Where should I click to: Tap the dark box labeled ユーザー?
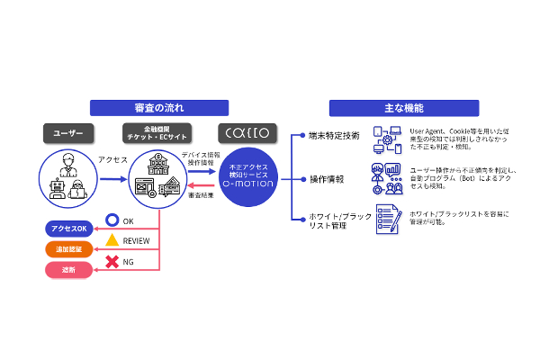click(x=68, y=133)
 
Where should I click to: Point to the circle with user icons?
click(x=68, y=177)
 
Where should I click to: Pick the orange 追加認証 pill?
click(x=68, y=248)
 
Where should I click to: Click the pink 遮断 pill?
click(x=68, y=270)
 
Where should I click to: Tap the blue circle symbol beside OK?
click(x=112, y=219)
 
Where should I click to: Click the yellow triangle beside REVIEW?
click(x=112, y=240)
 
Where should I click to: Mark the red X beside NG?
click(x=112, y=262)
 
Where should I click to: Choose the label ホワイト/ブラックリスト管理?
click(x=334, y=221)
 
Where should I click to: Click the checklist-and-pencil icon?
click(x=387, y=219)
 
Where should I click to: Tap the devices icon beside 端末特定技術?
click(x=388, y=139)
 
